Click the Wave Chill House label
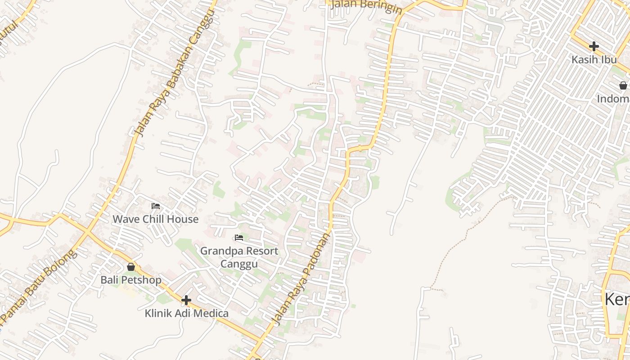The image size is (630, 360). [155, 219]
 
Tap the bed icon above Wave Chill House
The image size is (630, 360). [156, 206]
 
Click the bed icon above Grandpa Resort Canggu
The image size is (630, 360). [239, 238]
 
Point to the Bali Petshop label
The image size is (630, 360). [130, 280]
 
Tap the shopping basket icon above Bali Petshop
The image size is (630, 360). [130, 267]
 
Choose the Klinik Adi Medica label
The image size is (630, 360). [186, 313]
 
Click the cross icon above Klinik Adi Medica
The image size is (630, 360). [186, 300]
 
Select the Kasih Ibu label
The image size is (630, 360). [594, 59]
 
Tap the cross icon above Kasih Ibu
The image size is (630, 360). [594, 46]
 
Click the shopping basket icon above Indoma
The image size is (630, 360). [623, 85]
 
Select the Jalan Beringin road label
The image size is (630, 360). [365, 6]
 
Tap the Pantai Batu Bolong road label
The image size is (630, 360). [38, 288]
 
